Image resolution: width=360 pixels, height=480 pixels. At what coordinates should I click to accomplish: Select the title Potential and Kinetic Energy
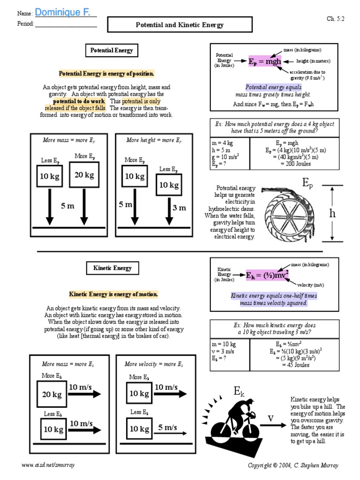180,25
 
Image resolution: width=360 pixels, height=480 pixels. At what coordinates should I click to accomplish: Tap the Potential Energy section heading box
112,51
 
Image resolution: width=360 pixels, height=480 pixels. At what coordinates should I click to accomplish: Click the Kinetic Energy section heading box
112,268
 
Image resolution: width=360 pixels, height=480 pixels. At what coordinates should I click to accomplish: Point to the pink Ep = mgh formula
264,61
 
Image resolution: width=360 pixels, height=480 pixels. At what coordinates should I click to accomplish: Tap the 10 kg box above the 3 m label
169,185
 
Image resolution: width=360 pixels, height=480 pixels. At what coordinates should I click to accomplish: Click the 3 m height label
179,208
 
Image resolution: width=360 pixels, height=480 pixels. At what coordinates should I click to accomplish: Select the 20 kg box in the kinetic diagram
52,395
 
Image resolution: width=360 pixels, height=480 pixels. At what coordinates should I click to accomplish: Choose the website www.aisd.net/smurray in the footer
48,465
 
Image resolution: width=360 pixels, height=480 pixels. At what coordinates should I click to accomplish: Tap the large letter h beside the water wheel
332,213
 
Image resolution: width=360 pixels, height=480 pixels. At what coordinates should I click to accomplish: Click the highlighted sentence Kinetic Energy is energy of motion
114,294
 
